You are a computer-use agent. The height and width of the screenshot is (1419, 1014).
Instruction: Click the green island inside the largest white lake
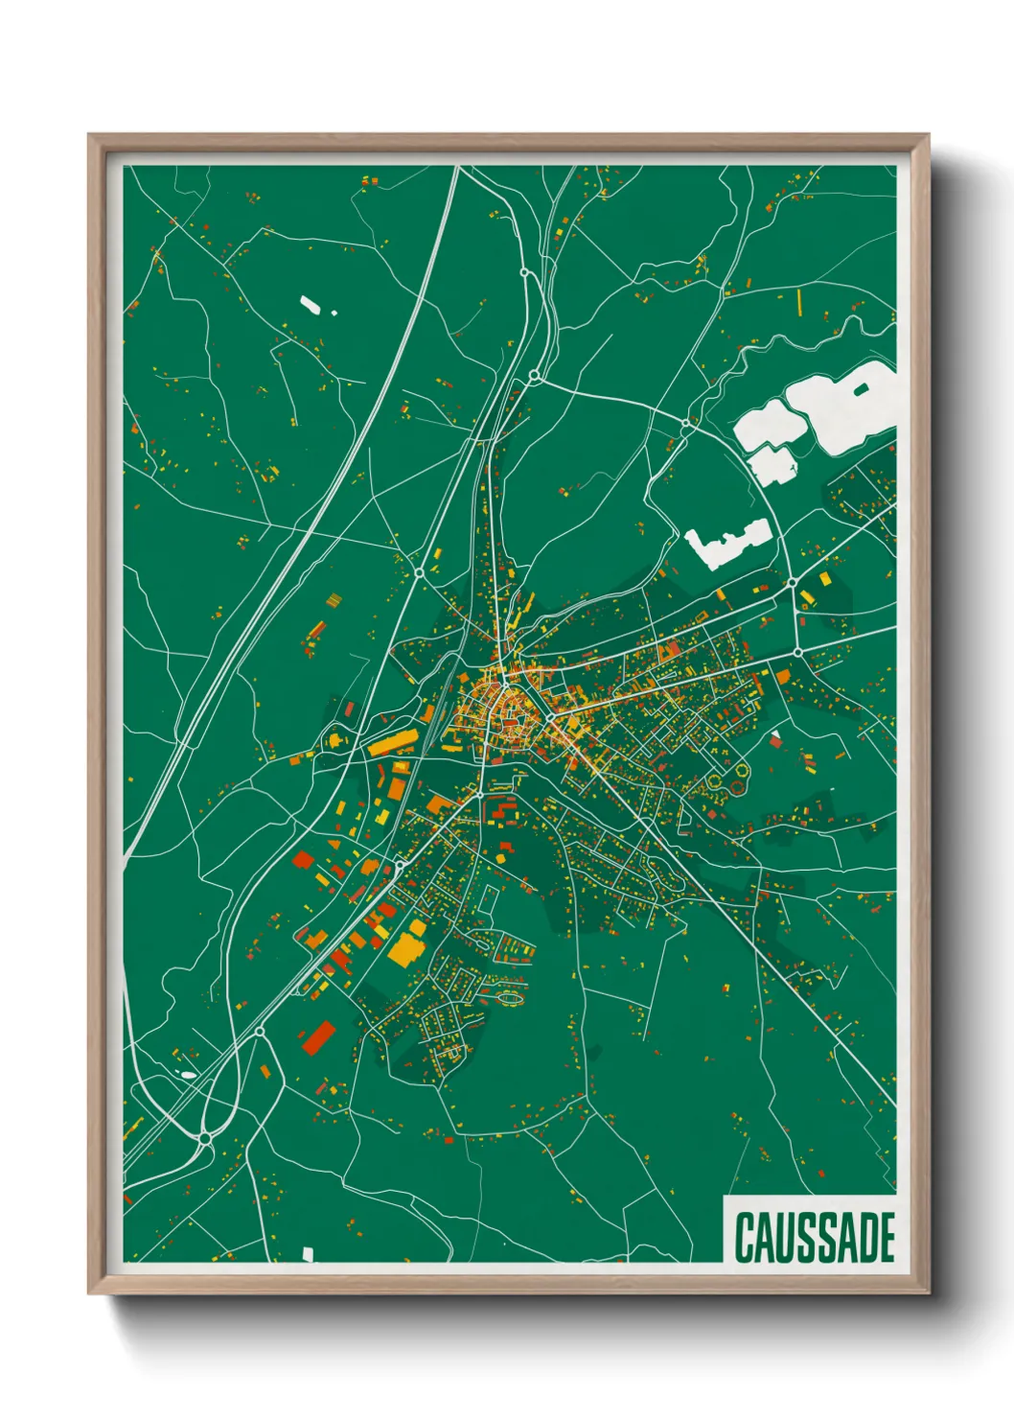coord(860,388)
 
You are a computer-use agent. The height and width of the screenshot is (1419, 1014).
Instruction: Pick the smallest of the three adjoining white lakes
coord(772,465)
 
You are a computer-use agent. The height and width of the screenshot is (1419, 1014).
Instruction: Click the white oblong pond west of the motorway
coord(311,304)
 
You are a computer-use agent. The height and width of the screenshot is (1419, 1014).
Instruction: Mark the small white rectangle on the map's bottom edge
coord(308,1253)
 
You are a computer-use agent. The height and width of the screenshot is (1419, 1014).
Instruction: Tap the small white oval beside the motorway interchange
coord(189,1075)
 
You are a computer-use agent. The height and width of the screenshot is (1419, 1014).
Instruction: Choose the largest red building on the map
coord(318,1036)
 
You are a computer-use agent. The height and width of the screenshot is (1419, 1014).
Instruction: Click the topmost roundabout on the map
coord(524,273)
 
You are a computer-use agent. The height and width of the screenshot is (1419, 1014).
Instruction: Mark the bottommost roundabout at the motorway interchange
coord(204,1138)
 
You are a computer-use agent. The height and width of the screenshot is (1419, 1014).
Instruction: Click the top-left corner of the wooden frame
coord(90,136)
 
